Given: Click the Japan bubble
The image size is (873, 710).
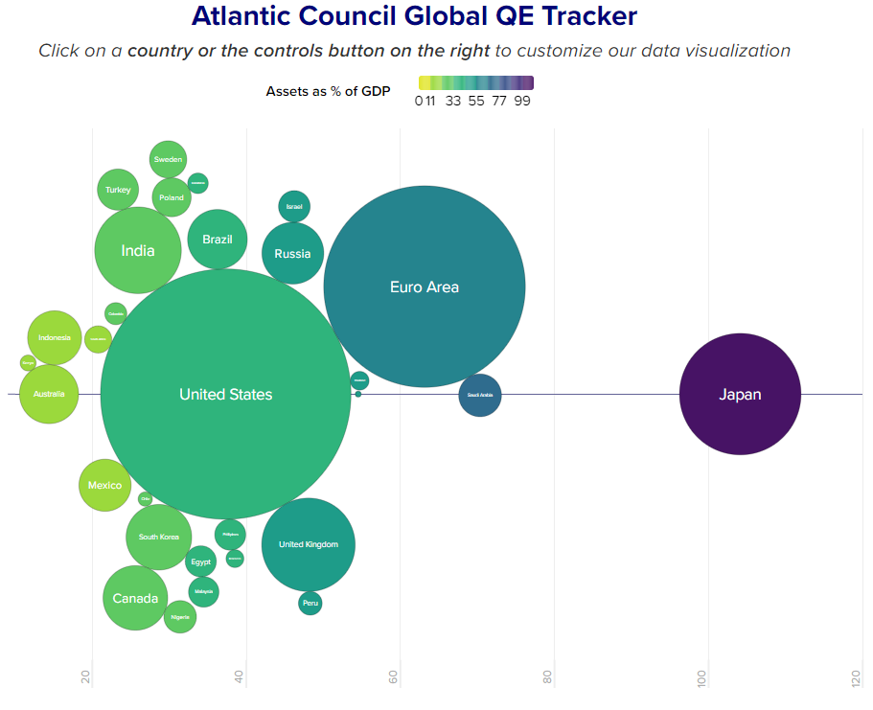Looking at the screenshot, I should pyautogui.click(x=740, y=394).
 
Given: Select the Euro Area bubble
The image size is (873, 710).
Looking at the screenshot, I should pyautogui.click(x=425, y=286).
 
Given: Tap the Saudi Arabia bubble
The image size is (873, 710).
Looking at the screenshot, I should pyautogui.click(x=480, y=395).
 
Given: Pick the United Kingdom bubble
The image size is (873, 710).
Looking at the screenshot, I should pyautogui.click(x=309, y=544).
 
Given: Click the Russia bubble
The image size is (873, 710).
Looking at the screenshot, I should pyautogui.click(x=293, y=254).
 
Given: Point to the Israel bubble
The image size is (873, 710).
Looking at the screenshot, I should pyautogui.click(x=294, y=207).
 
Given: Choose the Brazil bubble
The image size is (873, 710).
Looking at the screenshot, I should pyautogui.click(x=218, y=240).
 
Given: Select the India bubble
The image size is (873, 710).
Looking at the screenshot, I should pyautogui.click(x=138, y=251).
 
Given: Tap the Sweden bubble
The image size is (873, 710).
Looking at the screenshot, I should pyautogui.click(x=169, y=160).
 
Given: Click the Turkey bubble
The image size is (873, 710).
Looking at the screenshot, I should pyautogui.click(x=118, y=190).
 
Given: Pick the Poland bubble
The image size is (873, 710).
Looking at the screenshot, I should pyautogui.click(x=172, y=198).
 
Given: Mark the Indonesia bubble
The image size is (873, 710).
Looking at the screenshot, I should pyautogui.click(x=55, y=338).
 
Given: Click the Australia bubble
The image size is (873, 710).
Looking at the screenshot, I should pyautogui.click(x=49, y=394).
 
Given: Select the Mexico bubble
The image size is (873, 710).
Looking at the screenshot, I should pyautogui.click(x=104, y=485).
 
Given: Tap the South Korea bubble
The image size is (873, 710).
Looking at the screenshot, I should pyautogui.click(x=159, y=538).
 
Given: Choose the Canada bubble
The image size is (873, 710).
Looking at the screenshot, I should pyautogui.click(x=135, y=598).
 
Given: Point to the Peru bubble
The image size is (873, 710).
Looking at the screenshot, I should pyautogui.click(x=310, y=603).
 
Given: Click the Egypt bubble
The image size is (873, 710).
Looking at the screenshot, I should pyautogui.click(x=200, y=561).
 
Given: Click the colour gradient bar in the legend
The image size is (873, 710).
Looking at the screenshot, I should pyautogui.click(x=476, y=82).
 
